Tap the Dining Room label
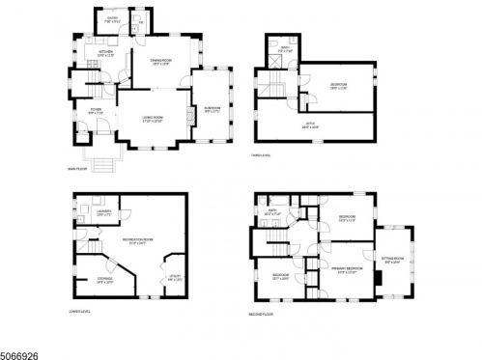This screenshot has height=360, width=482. pyautogui.click(x=160, y=63)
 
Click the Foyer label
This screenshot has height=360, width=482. pyautogui.click(x=96, y=112)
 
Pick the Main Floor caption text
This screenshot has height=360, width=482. pyautogui.click(x=77, y=169)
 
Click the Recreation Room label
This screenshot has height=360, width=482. pyautogui.click(x=140, y=241)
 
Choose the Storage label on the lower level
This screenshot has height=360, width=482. pyautogui.click(x=103, y=281)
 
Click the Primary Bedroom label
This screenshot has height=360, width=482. pyautogui.click(x=349, y=269)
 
